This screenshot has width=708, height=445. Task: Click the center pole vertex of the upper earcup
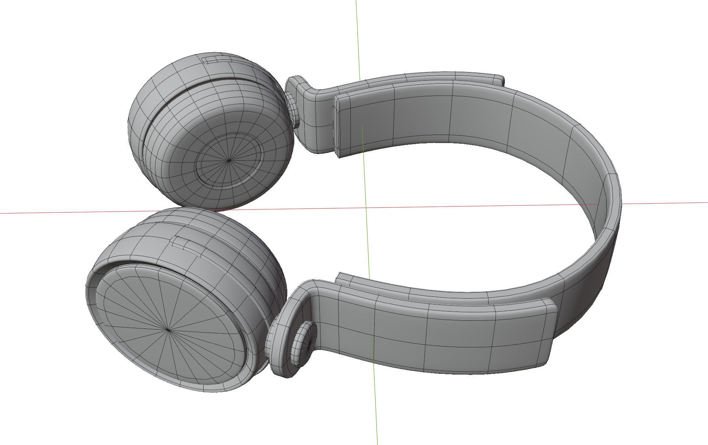pos(229,160)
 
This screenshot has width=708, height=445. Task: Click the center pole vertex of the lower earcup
pos(169,330)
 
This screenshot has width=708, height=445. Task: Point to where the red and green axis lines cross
pos(366,208)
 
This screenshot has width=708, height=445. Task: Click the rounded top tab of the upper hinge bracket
pos(295,83)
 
